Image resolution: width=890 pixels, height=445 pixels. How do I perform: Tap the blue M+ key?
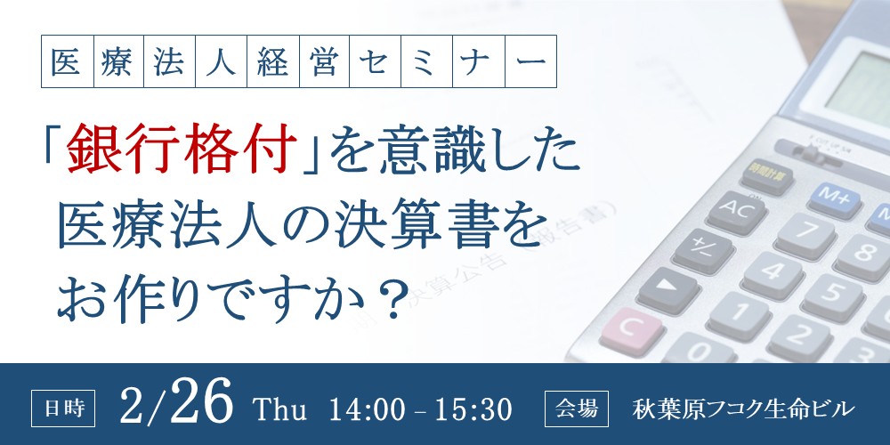[x=833, y=195]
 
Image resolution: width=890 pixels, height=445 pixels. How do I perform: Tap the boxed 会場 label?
[x=576, y=409]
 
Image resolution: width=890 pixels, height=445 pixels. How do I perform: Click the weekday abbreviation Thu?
[x=280, y=410]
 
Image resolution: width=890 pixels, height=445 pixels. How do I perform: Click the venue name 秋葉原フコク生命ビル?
[x=742, y=409]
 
